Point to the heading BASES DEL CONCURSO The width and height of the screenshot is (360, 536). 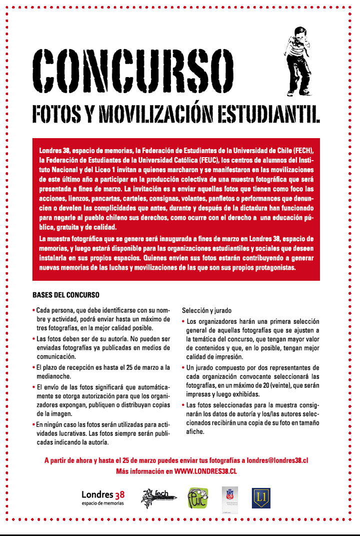pyautogui.click(x=66, y=294)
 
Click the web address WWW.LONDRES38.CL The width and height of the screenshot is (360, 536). pyautogui.click(x=205, y=471)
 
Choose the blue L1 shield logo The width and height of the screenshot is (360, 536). pyautogui.click(x=260, y=498)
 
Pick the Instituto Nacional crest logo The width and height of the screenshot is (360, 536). pyautogui.click(x=229, y=498)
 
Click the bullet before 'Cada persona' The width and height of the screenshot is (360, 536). pyautogui.click(x=33, y=310)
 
